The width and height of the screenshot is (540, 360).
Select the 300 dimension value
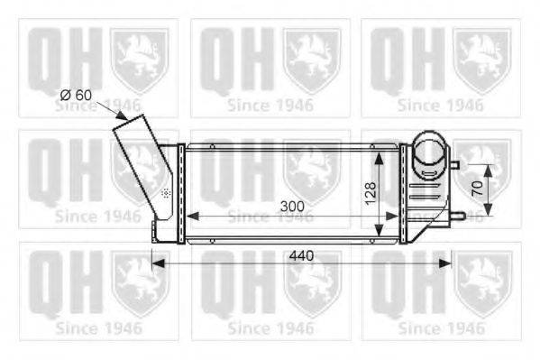[x=291, y=206]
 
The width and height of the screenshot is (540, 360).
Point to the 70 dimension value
[x=477, y=190]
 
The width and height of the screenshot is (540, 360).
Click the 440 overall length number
[x=300, y=255]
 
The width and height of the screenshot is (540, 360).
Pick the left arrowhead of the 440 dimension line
[x=155, y=263]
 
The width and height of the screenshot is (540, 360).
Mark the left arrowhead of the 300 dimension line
[x=190, y=217]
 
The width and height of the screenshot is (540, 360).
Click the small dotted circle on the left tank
[x=165, y=193]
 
